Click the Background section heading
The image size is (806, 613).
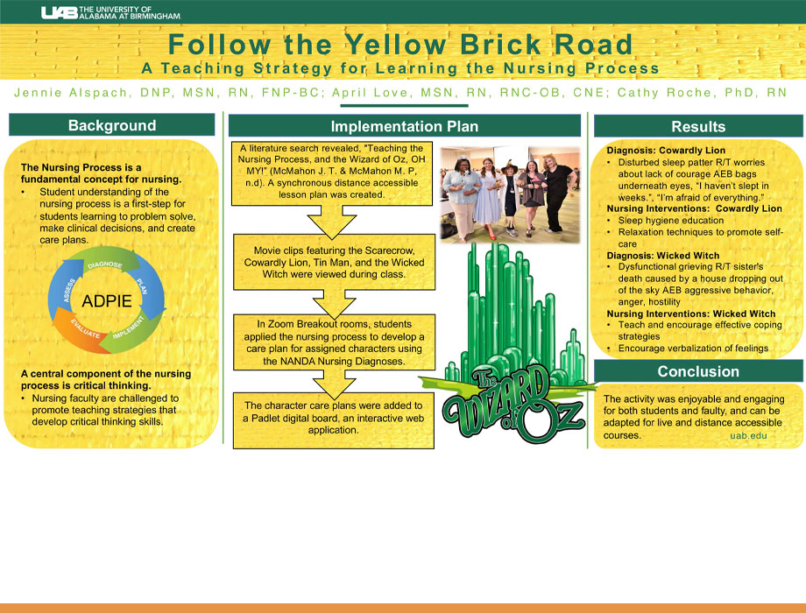click(112, 125)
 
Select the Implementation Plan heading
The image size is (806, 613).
click(404, 126)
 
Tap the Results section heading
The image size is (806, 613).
click(698, 127)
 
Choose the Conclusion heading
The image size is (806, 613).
click(698, 371)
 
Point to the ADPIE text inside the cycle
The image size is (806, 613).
click(107, 301)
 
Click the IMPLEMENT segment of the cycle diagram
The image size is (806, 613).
click(130, 334)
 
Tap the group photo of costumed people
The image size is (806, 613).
click(510, 194)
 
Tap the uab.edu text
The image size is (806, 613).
click(747, 435)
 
